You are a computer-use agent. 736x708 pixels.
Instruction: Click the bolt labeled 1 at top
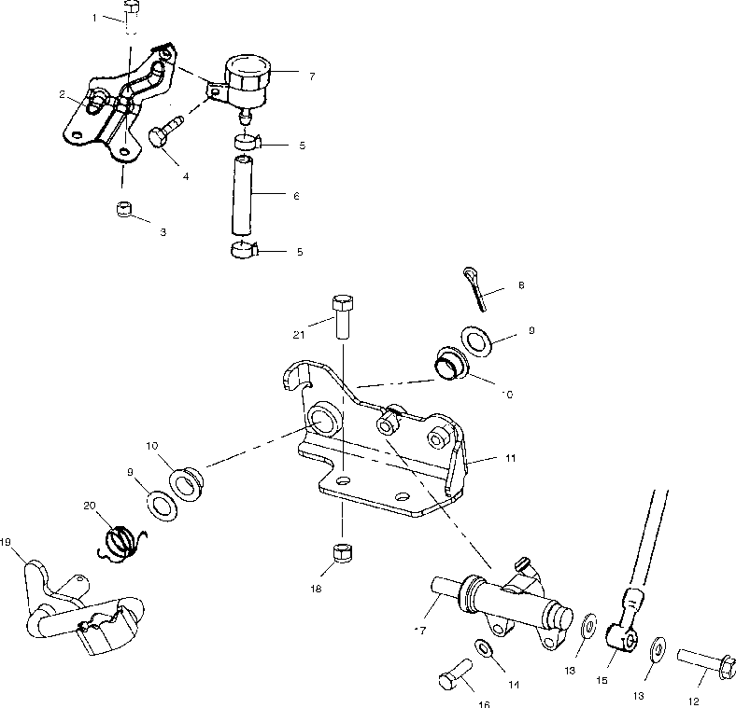(x=133, y=15)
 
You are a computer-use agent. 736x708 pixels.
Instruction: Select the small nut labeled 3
(x=122, y=210)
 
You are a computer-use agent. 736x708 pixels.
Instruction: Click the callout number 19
(x=6, y=540)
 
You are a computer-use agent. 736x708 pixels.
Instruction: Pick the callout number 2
(x=62, y=94)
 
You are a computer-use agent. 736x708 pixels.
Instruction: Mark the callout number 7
(x=312, y=76)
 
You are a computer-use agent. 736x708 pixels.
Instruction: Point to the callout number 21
(x=299, y=334)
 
